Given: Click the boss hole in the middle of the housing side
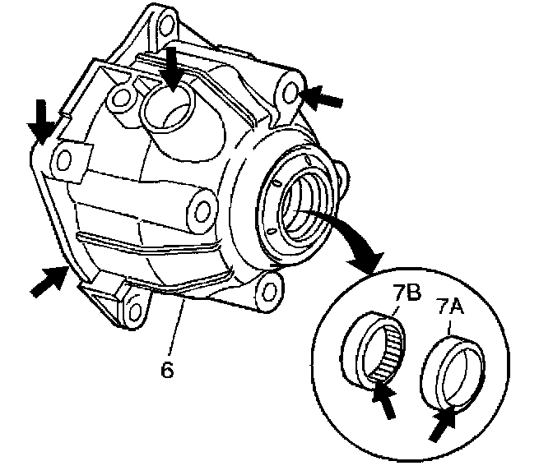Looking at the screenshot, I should [202, 208].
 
